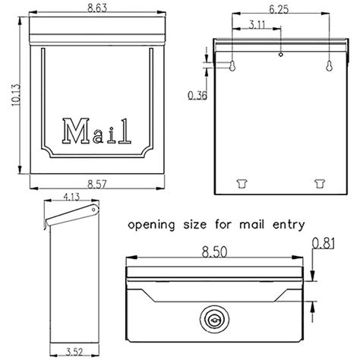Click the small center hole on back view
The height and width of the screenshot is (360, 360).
[280, 54]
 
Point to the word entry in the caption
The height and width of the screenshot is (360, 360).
[288, 225]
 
